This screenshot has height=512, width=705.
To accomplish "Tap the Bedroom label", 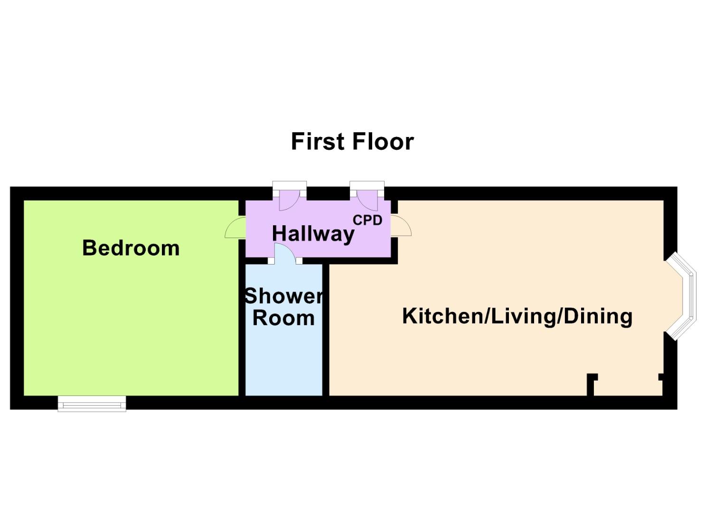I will pyautogui.click(x=131, y=248).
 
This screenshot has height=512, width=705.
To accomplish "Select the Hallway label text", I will pyautogui.click(x=313, y=234).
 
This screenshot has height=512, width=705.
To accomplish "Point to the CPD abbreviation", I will pyautogui.click(x=367, y=220).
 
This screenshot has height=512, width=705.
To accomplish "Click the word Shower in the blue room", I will pyautogui.click(x=283, y=296).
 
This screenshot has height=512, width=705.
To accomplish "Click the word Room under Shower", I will pyautogui.click(x=283, y=318).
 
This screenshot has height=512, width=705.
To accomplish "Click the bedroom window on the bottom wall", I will pyautogui.click(x=92, y=403).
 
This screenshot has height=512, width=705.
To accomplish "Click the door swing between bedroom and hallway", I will pyautogui.click(x=234, y=228).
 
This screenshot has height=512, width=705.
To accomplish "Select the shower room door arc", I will pyautogui.click(x=285, y=253).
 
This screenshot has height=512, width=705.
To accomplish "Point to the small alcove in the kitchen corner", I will pyautogui.click(x=627, y=386).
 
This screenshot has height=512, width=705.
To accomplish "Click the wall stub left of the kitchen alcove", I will pyautogui.click(x=591, y=384).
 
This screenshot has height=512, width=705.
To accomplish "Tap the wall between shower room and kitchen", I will pyautogui.click(x=326, y=329).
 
